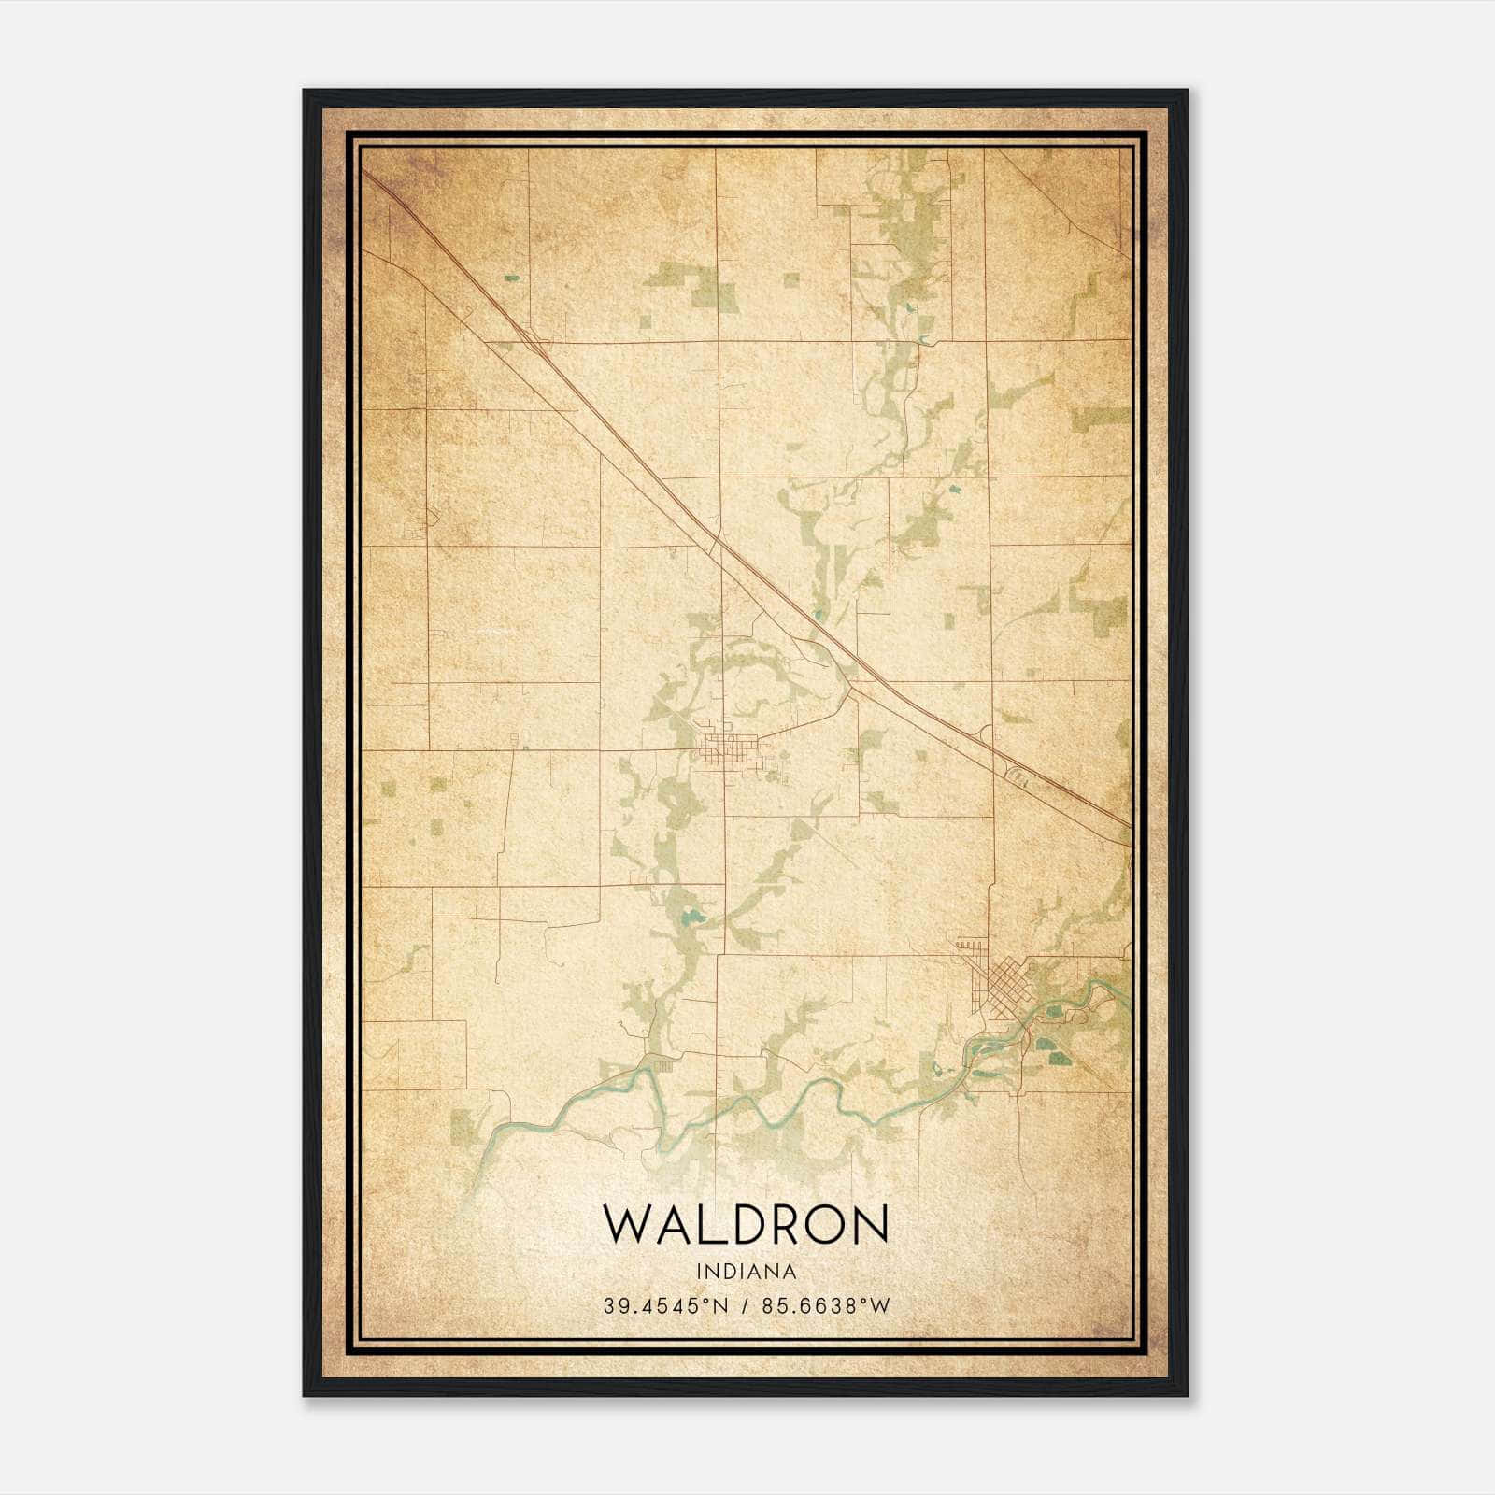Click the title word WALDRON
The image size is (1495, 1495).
click(x=745, y=1224)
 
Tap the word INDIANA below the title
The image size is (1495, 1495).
click(x=745, y=1272)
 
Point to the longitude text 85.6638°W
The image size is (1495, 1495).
click(x=826, y=1305)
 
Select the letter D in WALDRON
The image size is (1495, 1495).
click(x=736, y=1224)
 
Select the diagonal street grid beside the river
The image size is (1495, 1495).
click(x=1000, y=990)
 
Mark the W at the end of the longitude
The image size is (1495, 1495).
click(x=879, y=1305)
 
